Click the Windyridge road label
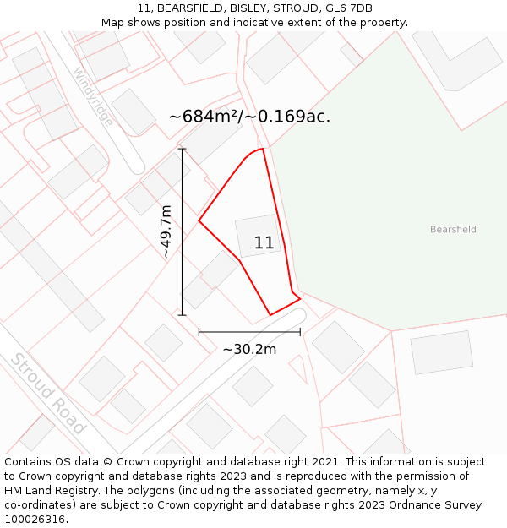93,96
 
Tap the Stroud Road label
48,393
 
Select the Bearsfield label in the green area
453,229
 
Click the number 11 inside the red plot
264,243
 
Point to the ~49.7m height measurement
166,231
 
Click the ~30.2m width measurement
249,349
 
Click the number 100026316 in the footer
35,520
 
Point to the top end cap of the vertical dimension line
183,149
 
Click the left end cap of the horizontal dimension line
199,332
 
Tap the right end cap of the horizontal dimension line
300,332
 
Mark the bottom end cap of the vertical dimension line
183,315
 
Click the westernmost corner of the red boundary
199,221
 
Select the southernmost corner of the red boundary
270,315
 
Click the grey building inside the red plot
257,235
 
